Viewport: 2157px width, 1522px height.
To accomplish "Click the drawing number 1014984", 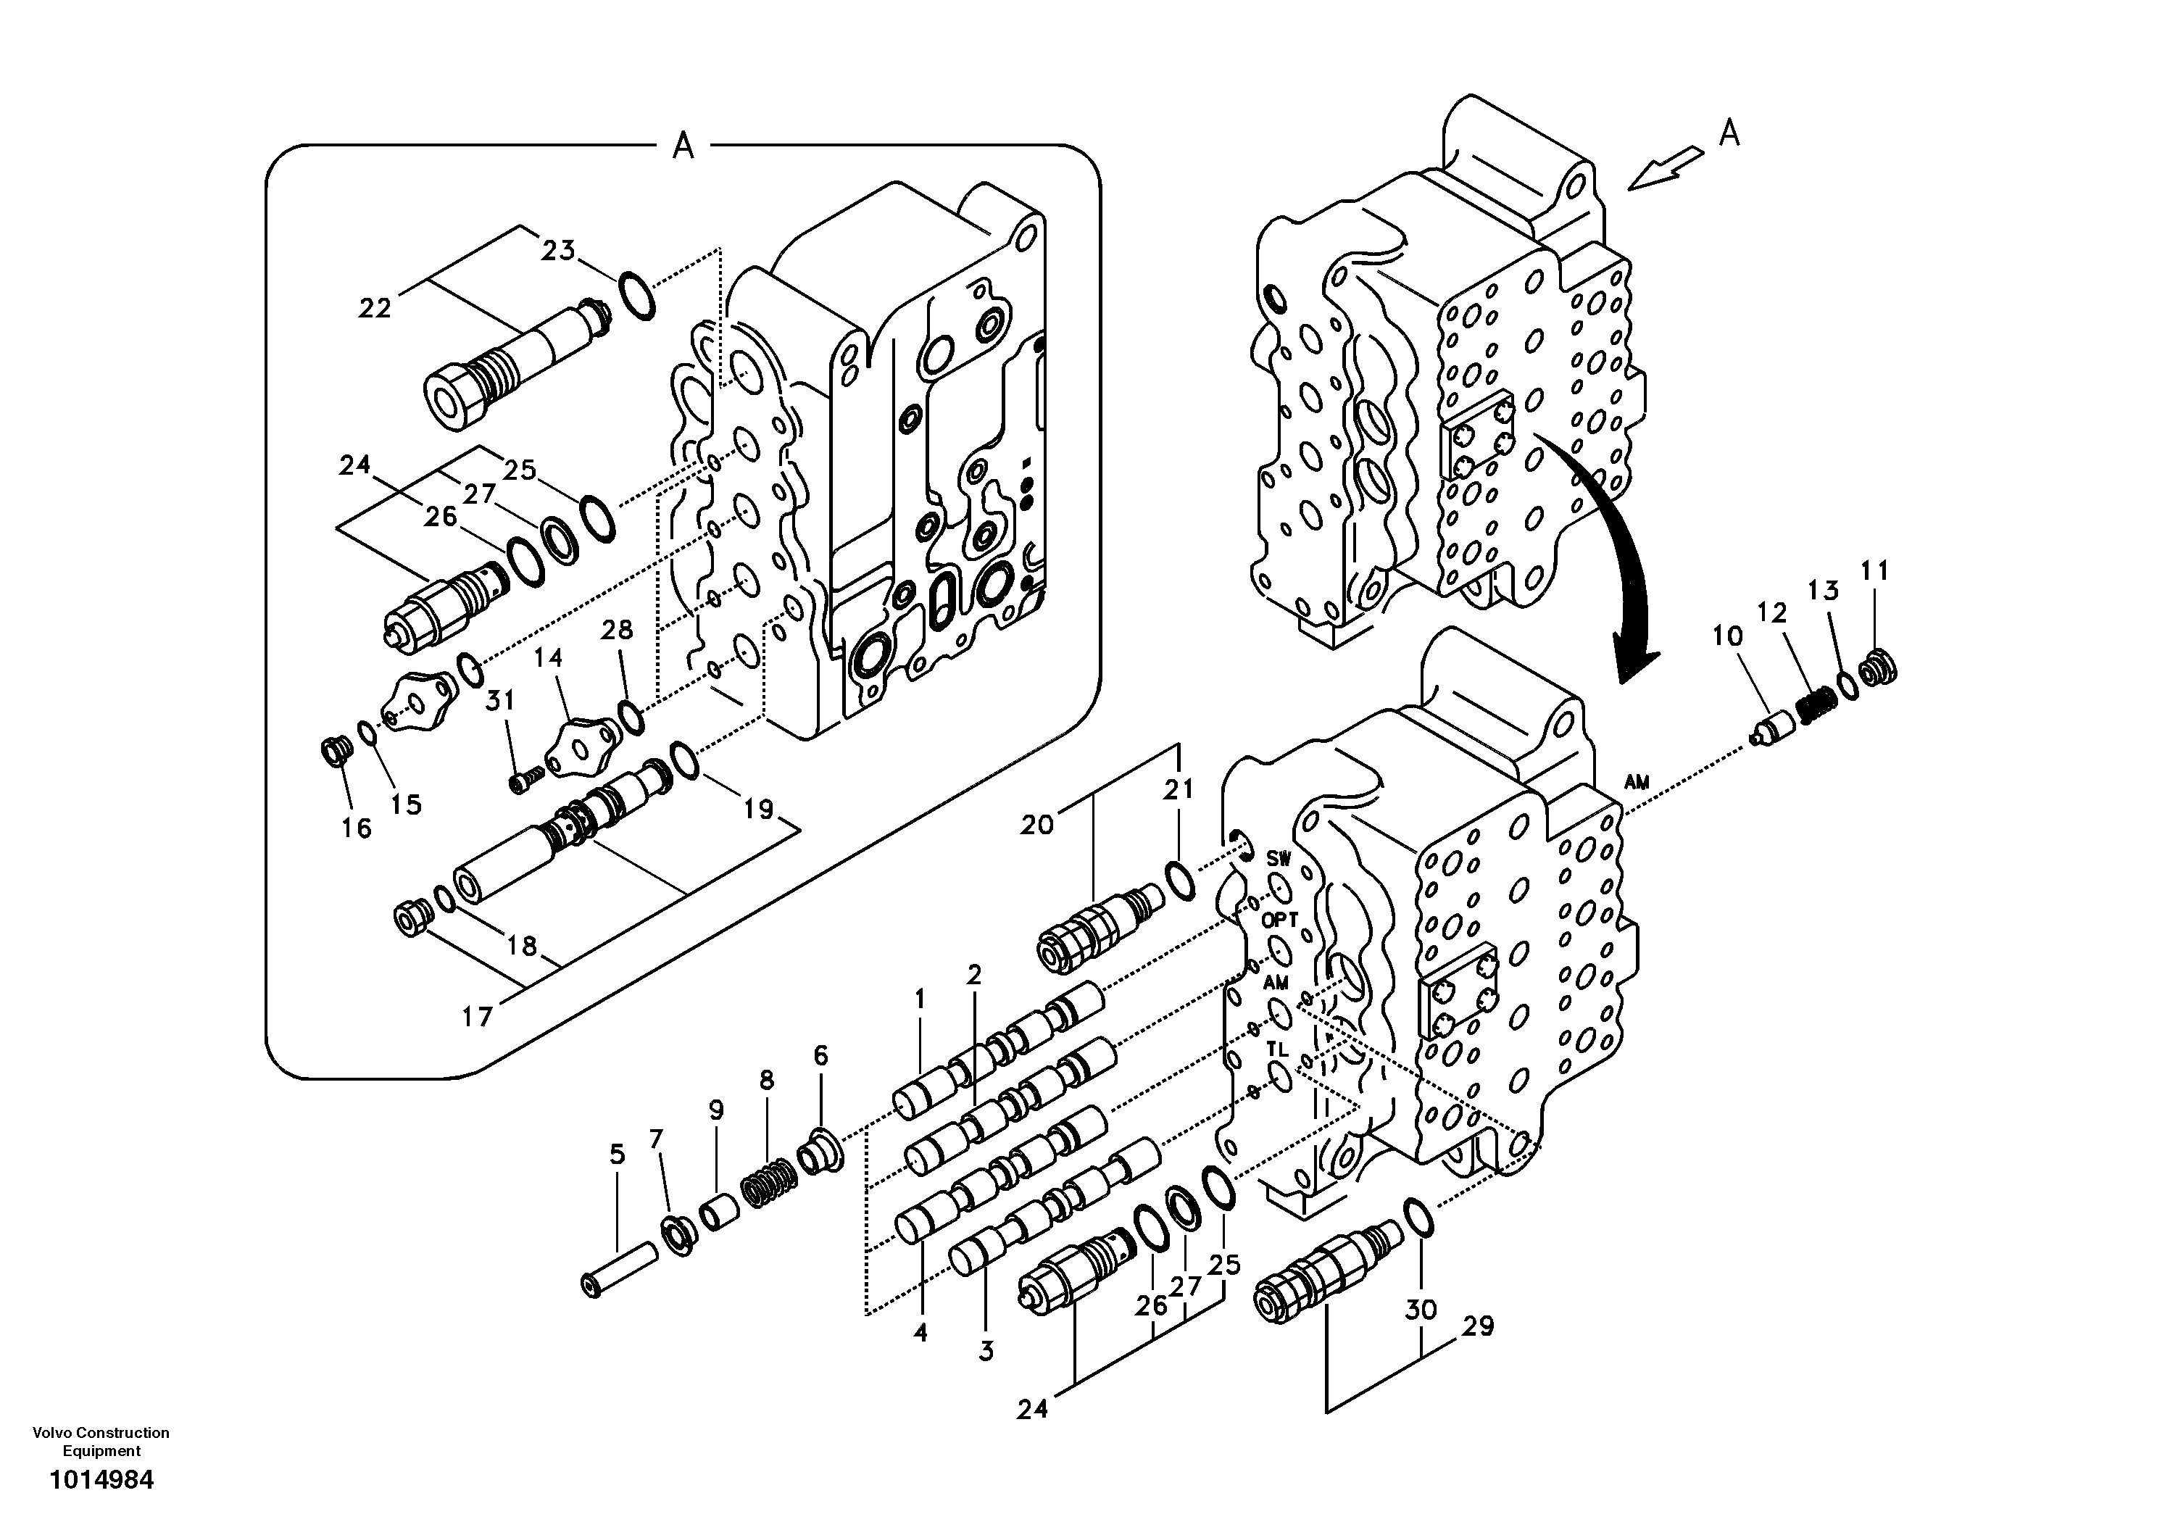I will (x=101, y=1481).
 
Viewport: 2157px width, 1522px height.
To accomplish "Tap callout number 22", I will (x=374, y=308).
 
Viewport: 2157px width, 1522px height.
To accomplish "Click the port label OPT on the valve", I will (x=1279, y=920).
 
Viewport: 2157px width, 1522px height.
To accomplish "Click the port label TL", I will (x=1276, y=1047).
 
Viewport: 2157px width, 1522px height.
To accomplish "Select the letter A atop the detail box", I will (x=683, y=146).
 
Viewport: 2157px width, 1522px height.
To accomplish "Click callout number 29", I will (x=1478, y=1326).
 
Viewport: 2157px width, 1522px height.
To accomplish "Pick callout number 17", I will (x=477, y=1017).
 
